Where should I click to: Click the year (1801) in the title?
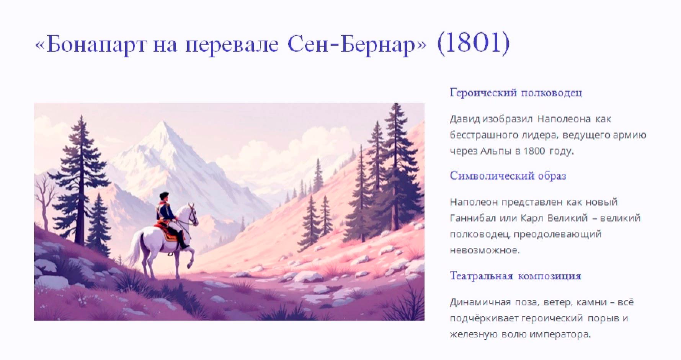point(473,44)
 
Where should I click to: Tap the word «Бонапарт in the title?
point(90,45)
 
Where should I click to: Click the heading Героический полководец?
point(516,93)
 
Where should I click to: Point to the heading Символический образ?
point(508,176)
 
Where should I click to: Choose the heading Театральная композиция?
point(515,276)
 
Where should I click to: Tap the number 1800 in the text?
point(534,151)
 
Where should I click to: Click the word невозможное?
point(484,251)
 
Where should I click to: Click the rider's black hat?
point(164,195)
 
